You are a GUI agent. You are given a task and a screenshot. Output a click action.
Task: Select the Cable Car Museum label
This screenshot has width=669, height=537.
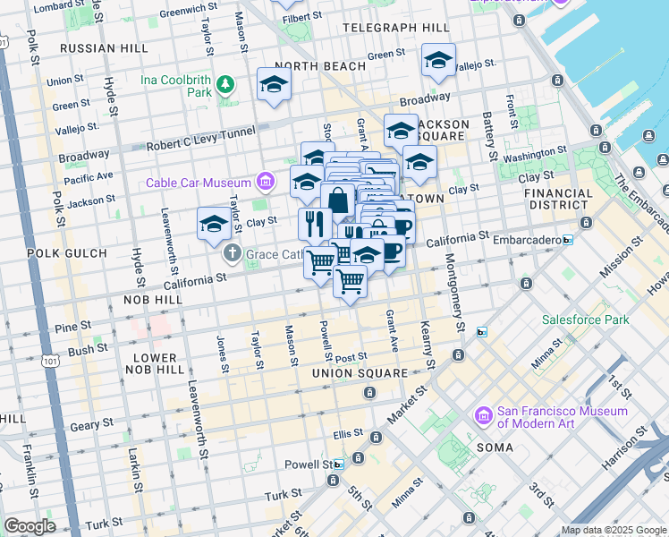coord(199,183)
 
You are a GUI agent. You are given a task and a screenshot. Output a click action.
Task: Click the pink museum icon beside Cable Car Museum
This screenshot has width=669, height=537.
coord(265,183)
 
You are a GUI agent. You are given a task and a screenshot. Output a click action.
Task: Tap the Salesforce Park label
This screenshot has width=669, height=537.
coord(585,320)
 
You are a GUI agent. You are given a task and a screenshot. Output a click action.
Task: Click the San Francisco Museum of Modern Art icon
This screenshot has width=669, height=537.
coord(484,417)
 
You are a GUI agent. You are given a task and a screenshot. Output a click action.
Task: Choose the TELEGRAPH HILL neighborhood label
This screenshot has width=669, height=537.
coord(375,28)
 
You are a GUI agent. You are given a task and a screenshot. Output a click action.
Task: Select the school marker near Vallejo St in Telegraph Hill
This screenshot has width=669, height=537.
coord(437,60)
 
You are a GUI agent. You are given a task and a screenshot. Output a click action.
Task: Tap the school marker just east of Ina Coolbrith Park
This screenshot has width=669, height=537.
coord(274,85)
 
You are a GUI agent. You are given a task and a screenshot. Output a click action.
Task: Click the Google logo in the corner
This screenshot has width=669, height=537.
coord(29,526)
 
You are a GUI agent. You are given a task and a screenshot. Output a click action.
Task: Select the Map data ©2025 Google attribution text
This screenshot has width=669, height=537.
coord(613,530)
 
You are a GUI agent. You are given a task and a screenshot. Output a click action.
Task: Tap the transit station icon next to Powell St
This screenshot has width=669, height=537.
coord(339,465)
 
